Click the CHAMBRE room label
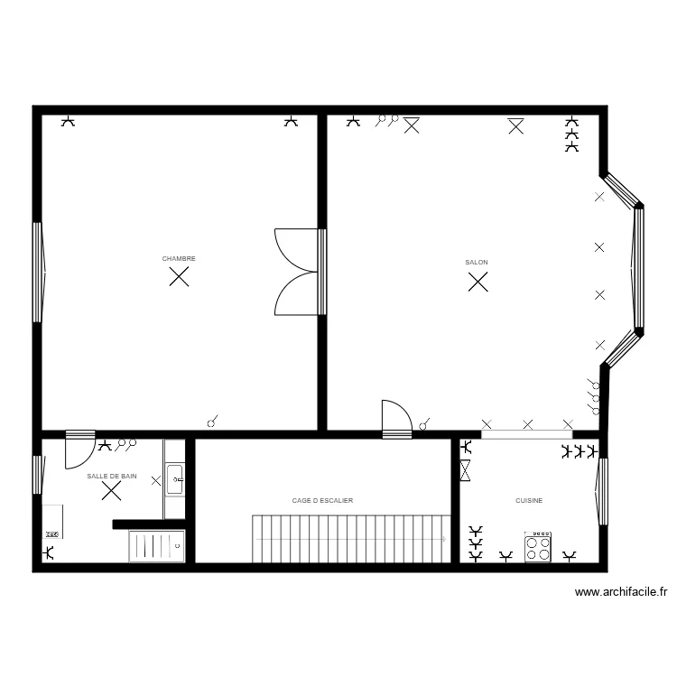[x=179, y=259]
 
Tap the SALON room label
[x=477, y=263]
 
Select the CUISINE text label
[x=529, y=500]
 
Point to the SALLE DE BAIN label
[x=112, y=475]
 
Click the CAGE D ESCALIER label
[x=322, y=500]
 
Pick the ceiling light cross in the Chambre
[x=180, y=277]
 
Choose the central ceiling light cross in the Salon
[x=478, y=283]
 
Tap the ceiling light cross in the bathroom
[x=112, y=490]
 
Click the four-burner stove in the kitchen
[x=538, y=547]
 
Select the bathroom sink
[x=175, y=479]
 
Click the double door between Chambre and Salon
[x=298, y=271]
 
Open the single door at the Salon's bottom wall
[x=396, y=420]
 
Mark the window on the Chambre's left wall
[x=37, y=272]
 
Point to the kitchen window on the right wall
[x=602, y=492]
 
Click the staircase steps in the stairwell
[x=352, y=538]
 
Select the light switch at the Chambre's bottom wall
[x=214, y=421]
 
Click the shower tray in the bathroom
[x=157, y=545]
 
